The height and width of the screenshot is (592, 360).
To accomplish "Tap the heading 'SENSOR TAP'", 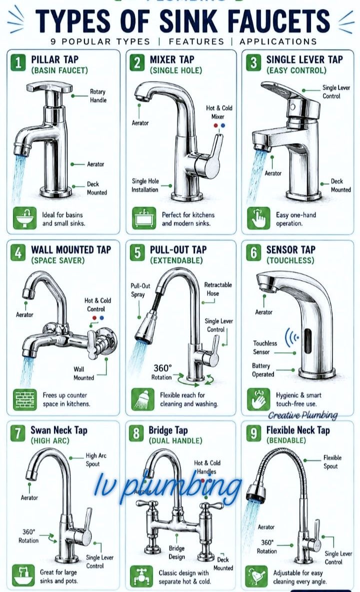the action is pos(290,250).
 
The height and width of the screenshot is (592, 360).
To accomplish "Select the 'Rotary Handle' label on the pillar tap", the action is pos(98,96).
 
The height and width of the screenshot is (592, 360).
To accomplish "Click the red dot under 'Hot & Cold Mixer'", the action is pos(216,126).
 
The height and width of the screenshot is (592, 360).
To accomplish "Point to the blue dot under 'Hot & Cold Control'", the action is pos(101,318).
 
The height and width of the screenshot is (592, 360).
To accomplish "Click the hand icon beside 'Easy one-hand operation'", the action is pos(258,218).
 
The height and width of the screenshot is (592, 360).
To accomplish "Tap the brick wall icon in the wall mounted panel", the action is pos(25,399).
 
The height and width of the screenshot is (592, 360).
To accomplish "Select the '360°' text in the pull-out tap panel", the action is pos(162,368).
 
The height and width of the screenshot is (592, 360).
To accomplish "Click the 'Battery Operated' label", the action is pos(263,370).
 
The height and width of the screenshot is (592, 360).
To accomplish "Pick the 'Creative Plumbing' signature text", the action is pos(303,415).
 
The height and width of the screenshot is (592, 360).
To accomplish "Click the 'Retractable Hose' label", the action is pos(217,289).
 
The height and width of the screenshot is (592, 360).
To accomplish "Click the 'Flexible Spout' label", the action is pos(332,462).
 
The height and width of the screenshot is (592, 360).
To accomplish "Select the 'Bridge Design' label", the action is pos(176,552).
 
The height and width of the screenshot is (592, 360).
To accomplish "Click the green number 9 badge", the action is pos(253,433).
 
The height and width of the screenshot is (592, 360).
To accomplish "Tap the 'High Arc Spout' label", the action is pos(96,459).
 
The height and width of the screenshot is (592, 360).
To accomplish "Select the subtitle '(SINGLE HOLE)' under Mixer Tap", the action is pos(176,70).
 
